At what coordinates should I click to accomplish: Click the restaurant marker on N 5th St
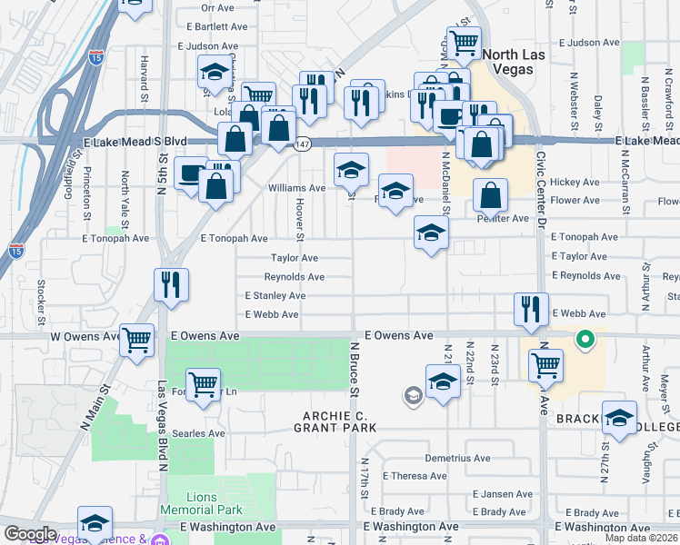pos(172,285)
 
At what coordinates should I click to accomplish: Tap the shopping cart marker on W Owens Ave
pos(136,341)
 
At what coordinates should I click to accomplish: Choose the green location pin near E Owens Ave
pos(586,341)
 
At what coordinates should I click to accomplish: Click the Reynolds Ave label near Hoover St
pos(295,277)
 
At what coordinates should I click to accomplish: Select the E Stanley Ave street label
pos(275,296)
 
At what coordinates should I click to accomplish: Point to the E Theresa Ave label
pos(415,476)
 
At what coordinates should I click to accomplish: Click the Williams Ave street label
pos(296,188)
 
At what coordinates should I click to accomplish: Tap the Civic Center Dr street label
pos(540,186)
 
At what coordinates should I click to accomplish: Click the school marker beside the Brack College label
pos(619,419)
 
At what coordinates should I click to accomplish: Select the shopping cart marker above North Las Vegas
pos(465,41)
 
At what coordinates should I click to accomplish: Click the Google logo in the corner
pos(30,534)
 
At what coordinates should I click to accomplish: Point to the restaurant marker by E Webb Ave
pos(530,309)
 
